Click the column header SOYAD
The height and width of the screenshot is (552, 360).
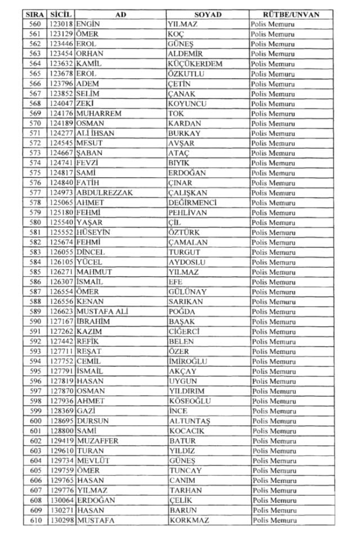point(208,15)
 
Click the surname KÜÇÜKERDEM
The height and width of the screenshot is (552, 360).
point(195,64)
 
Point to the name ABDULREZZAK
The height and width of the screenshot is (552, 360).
point(105,193)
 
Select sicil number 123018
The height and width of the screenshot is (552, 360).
point(61,25)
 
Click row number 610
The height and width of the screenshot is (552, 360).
point(35,520)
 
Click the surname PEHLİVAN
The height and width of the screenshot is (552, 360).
point(187,213)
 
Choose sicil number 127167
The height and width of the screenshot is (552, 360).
point(61,322)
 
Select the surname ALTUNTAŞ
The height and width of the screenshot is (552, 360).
point(189,421)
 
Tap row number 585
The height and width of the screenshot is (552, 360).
point(35,272)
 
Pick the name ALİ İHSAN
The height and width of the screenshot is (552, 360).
point(97,133)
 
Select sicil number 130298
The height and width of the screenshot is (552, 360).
point(61,520)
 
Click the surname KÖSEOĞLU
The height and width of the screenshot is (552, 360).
point(190,401)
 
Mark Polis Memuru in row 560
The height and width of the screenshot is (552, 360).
point(273,25)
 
